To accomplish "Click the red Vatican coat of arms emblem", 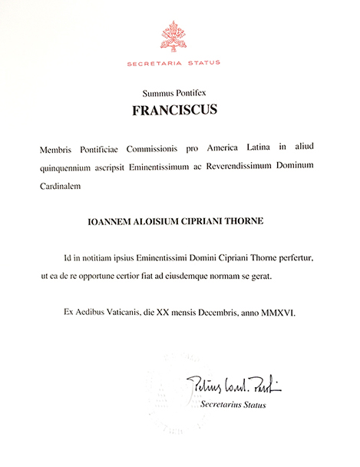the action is [180, 35].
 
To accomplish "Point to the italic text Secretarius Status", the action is [233, 404].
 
